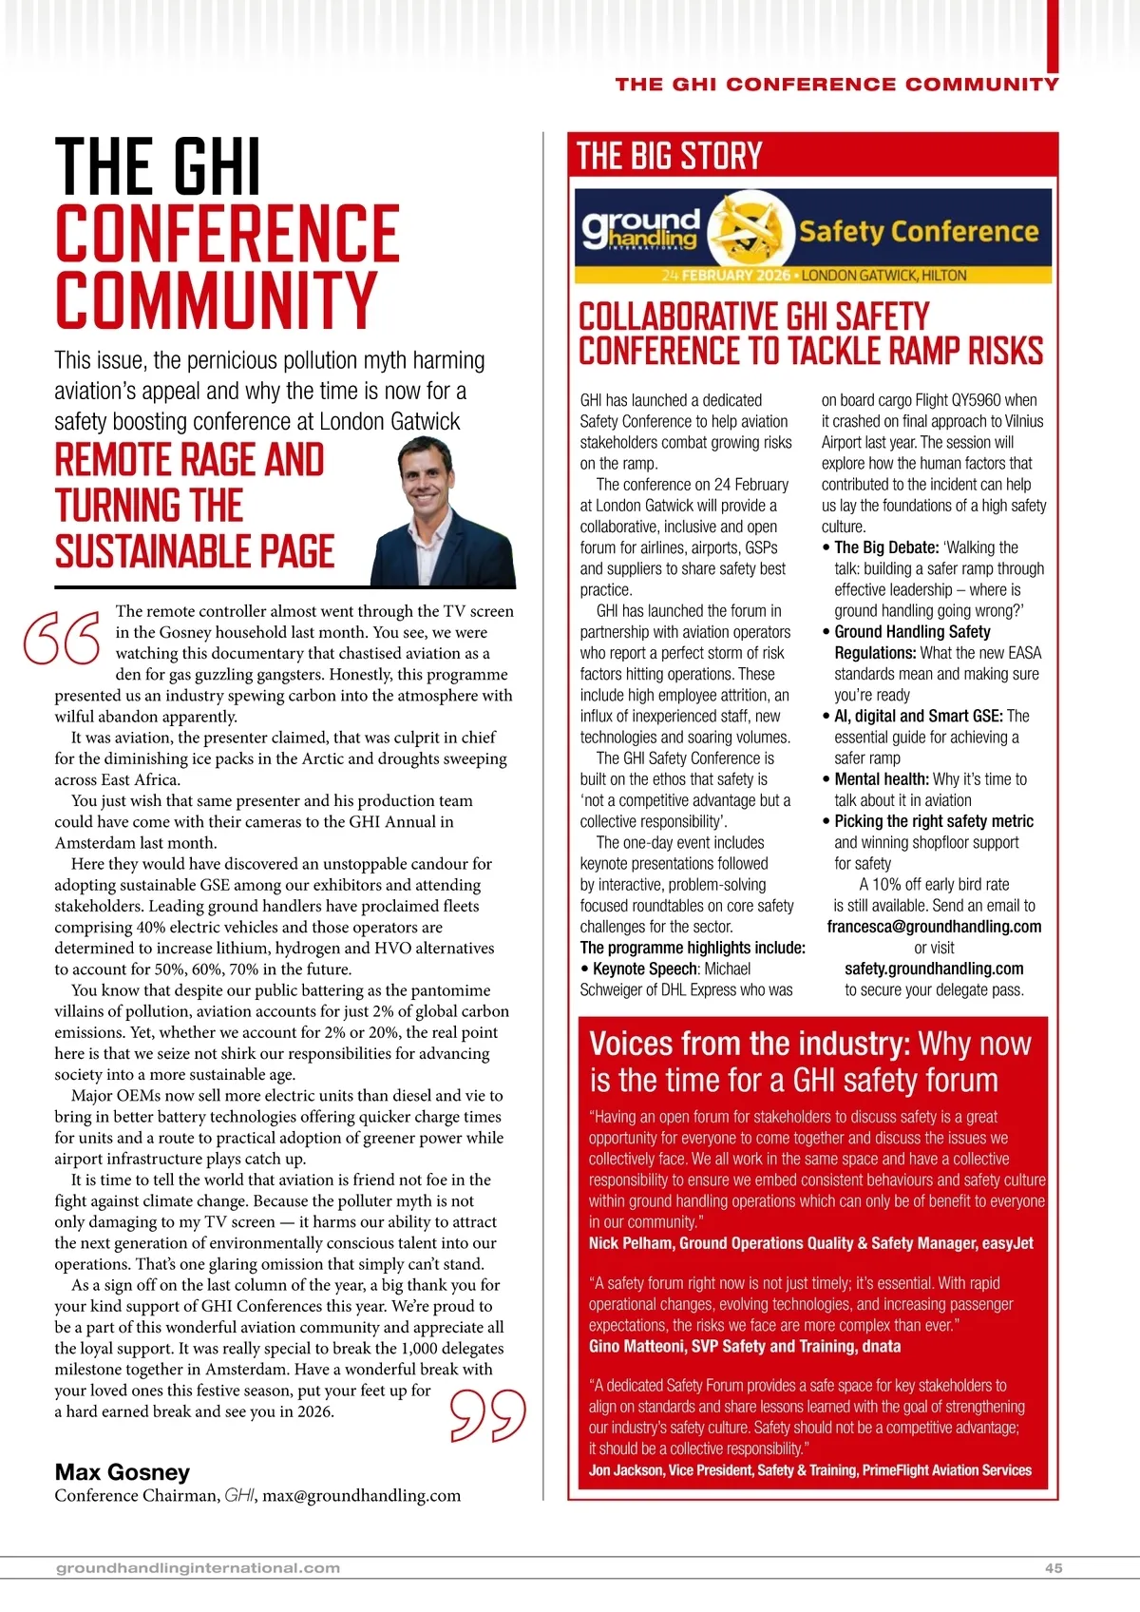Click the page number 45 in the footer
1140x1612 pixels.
1054,1568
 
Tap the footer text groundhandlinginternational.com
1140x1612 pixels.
198,1568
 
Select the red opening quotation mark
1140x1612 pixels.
62,637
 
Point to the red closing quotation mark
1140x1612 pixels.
487,1415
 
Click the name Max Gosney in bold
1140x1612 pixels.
123,1472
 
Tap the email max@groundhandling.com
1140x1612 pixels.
361,1496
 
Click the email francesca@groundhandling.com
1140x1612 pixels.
934,927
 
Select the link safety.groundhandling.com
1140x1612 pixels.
934,969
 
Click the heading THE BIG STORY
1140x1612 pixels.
670,156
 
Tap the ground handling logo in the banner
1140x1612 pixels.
640,229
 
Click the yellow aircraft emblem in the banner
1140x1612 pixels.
749,229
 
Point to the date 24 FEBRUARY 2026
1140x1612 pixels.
726,276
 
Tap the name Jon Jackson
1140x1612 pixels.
624,1470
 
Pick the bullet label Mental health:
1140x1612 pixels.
881,779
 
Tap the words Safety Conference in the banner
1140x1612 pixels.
918,232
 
